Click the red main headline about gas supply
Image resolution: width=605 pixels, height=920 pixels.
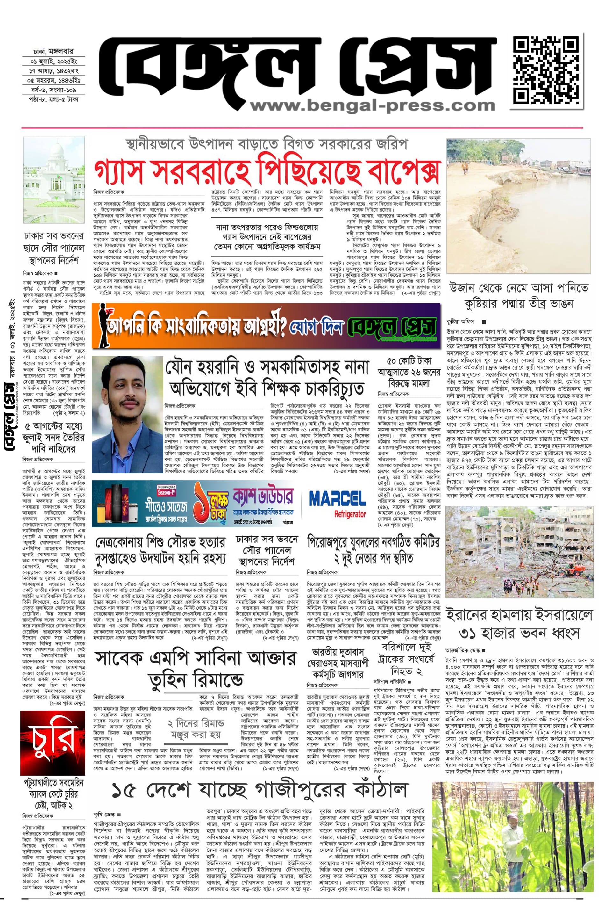coord(267,171)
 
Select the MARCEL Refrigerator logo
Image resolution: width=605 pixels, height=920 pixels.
coord(337,503)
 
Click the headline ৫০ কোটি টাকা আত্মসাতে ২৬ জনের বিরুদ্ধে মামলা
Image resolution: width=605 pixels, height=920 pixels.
coord(409,372)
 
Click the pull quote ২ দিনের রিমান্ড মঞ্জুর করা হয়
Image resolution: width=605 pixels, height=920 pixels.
coord(196,729)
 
